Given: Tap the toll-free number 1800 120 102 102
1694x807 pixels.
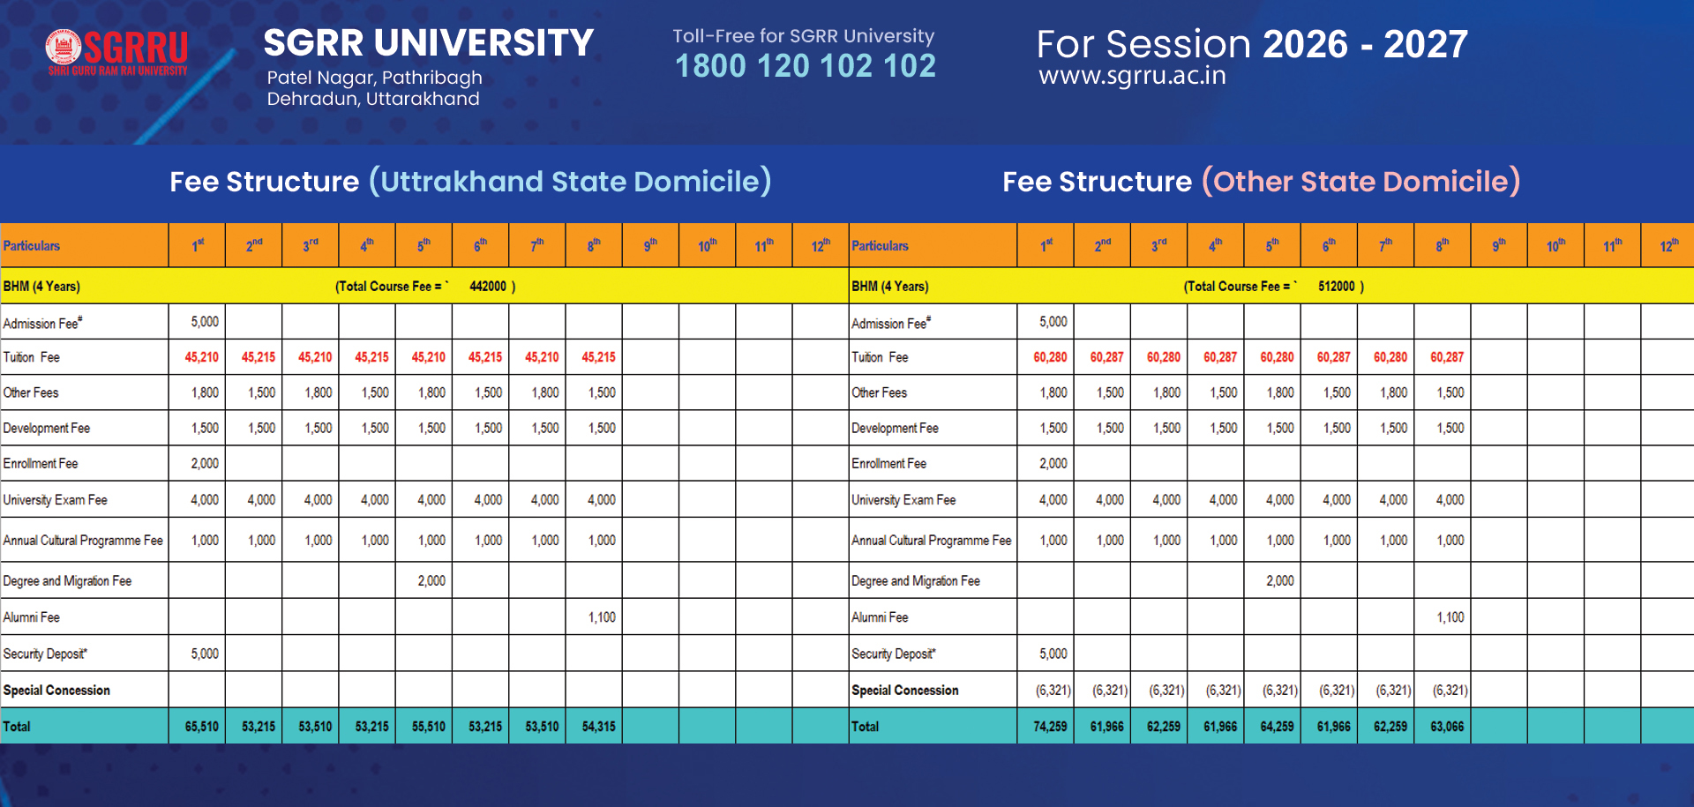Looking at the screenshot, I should click(x=805, y=66).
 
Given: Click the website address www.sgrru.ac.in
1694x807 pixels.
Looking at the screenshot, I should click(x=1132, y=76).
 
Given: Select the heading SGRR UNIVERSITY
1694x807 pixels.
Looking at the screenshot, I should click(x=429, y=43).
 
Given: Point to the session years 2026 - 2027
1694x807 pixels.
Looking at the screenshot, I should click(x=1365, y=44).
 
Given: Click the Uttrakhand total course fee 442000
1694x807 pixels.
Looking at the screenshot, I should click(x=488, y=287).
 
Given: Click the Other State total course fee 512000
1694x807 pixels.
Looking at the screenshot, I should click(x=1336, y=287).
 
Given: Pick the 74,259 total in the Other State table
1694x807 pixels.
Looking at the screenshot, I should click(x=1050, y=727).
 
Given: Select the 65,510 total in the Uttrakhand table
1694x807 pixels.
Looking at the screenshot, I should click(x=202, y=727).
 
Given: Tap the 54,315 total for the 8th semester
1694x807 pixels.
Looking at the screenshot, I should click(x=599, y=727).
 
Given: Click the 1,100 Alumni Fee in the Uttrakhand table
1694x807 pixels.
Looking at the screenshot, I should click(x=602, y=617).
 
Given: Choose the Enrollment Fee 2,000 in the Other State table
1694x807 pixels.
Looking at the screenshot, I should click(x=1053, y=463).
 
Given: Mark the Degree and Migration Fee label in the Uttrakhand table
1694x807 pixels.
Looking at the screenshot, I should click(x=67, y=581).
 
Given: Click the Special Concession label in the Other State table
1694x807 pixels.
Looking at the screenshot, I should click(x=904, y=691).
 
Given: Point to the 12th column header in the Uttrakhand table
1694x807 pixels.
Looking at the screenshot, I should click(x=820, y=245).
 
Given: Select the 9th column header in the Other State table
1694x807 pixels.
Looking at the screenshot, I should click(x=1498, y=245).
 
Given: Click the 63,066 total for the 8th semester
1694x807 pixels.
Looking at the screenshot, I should click(x=1447, y=727).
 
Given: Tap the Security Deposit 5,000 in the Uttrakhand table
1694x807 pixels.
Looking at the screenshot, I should click(x=205, y=654).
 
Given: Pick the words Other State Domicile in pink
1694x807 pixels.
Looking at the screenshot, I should click(x=1361, y=182).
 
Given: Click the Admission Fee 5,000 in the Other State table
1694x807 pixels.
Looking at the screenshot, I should click(x=1053, y=322).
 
